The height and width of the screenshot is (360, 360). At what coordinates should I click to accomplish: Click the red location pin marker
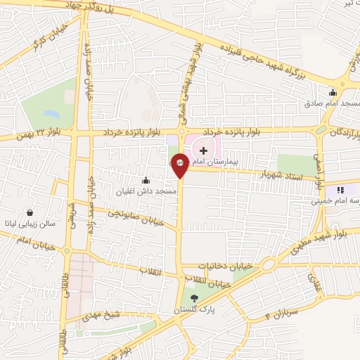[180, 166]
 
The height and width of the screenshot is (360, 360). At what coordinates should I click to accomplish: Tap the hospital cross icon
[203, 150]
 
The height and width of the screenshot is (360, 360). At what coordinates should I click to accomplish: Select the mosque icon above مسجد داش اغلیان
[146, 180]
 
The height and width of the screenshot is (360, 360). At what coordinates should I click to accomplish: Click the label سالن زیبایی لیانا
[30, 223]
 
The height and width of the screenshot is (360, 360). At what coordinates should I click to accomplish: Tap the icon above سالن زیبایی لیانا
[30, 212]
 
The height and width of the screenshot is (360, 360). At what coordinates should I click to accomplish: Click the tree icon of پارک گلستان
[195, 298]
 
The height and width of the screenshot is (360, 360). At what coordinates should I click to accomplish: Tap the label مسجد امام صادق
[333, 103]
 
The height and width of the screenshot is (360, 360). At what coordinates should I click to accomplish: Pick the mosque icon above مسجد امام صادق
[333, 92]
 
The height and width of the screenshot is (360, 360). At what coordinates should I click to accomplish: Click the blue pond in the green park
[51, 112]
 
